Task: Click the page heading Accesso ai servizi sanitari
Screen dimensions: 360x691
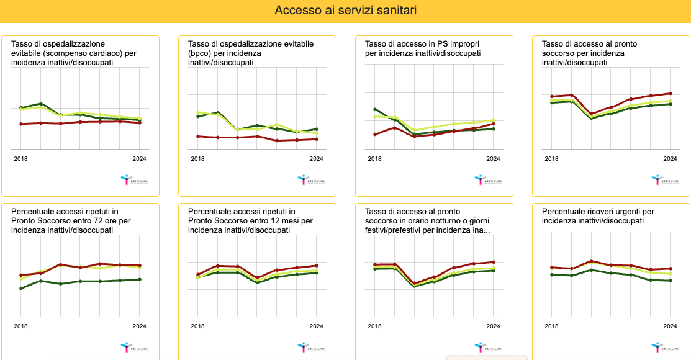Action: click(345, 11)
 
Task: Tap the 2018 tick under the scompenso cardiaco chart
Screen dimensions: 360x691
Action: click(20, 159)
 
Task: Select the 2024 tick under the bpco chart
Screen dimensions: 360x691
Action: click(316, 159)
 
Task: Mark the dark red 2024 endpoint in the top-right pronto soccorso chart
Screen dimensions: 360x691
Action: click(671, 94)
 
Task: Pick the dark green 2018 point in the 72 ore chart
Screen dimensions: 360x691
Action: click(21, 288)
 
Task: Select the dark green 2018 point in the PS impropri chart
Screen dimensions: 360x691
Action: click(375, 109)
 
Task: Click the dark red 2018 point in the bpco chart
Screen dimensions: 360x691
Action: click(198, 137)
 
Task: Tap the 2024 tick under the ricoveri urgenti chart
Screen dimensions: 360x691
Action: click(670, 326)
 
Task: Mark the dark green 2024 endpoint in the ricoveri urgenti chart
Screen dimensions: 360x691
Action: click(671, 281)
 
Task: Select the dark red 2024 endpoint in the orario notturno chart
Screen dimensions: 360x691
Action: click(494, 262)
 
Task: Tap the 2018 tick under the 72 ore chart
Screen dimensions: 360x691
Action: click(20, 326)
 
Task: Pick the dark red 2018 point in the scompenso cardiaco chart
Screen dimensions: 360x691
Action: click(21, 124)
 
